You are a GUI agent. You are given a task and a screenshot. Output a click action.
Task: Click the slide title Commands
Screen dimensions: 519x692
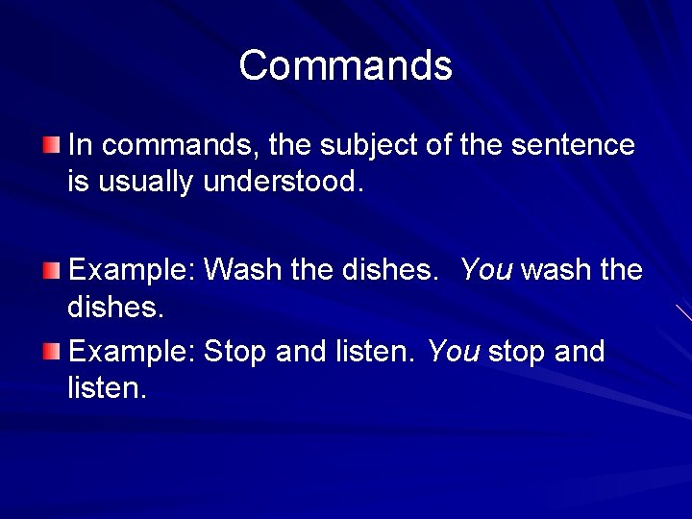[x=345, y=66]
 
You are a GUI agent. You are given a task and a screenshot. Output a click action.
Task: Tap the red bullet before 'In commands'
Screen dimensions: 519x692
[x=51, y=146]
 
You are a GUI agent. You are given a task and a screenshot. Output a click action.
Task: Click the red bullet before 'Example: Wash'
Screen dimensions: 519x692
[x=51, y=270]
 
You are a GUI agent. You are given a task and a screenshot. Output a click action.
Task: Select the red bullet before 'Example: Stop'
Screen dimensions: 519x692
[x=51, y=352]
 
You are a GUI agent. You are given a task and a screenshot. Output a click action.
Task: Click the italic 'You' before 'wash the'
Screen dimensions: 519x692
[x=486, y=270]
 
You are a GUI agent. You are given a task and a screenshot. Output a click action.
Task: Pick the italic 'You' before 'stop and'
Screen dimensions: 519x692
[x=454, y=352]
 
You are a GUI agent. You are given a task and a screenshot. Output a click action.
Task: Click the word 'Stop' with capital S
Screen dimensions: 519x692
[x=236, y=352]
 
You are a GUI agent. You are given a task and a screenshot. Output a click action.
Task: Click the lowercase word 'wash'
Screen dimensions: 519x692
[x=556, y=270]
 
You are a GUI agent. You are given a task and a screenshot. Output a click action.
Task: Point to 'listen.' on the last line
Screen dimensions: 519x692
[x=108, y=388]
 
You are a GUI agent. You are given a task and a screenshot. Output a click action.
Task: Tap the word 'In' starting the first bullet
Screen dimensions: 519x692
[x=80, y=146]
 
